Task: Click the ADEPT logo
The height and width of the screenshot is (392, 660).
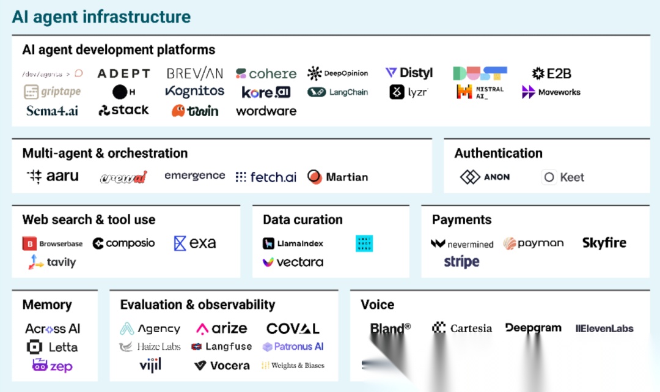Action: point(123,73)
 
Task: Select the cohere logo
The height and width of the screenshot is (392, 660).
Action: point(266,73)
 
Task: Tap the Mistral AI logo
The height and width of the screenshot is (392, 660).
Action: point(480,92)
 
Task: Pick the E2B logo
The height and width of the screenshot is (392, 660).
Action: point(551,73)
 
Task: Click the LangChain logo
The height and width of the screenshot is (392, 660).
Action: point(338,92)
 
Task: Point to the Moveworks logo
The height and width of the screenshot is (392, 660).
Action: point(551,92)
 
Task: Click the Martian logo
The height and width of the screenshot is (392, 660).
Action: point(337,177)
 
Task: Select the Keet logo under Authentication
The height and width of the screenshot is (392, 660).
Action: point(563,177)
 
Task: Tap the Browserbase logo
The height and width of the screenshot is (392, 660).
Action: point(53,243)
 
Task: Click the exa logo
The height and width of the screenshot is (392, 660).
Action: point(195,243)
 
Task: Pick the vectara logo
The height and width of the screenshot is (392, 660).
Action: point(293,262)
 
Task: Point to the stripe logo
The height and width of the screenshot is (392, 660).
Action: point(461,262)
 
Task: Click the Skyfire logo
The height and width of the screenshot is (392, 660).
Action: point(604,243)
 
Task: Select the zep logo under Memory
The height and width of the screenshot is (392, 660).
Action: point(52,366)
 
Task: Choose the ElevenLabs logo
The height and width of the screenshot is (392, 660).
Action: point(604,328)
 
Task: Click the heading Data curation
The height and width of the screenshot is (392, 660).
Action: point(302,220)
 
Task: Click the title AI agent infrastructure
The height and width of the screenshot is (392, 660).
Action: point(101,17)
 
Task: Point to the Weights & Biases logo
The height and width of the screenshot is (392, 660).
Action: point(293,365)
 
